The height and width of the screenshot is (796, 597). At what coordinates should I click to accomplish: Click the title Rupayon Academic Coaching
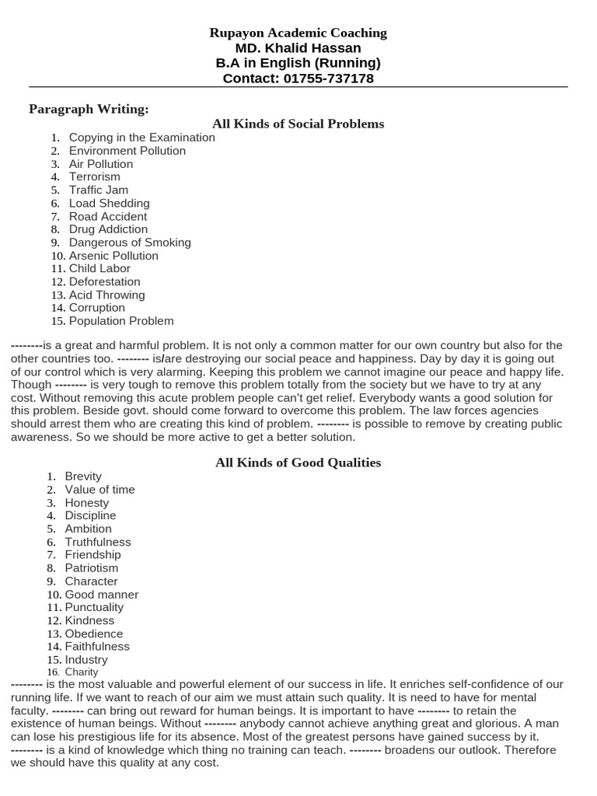298,33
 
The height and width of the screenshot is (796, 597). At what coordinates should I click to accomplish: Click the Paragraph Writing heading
89,108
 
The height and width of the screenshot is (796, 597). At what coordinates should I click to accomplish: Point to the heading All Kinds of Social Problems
298,124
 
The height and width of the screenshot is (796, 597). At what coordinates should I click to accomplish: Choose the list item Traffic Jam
99,190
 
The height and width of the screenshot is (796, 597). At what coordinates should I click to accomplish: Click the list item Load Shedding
109,203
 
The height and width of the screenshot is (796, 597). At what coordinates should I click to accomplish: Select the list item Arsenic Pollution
113,256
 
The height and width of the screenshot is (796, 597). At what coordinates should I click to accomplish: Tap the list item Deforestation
105,281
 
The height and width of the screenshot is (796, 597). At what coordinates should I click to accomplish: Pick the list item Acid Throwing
106,295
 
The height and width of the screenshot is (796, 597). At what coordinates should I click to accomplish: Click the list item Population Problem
121,321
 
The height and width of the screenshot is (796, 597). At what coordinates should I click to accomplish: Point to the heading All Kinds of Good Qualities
298,463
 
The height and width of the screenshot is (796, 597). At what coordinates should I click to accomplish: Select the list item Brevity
83,477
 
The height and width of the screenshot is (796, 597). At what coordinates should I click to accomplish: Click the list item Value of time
99,490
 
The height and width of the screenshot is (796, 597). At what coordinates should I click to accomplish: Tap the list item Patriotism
92,568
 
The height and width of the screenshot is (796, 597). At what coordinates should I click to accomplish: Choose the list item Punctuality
94,607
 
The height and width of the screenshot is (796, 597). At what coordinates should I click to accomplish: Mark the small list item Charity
82,672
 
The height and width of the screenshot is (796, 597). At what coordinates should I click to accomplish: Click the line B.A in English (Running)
298,63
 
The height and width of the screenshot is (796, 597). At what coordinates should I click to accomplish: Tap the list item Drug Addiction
108,229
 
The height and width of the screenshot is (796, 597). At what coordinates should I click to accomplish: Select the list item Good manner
101,595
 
